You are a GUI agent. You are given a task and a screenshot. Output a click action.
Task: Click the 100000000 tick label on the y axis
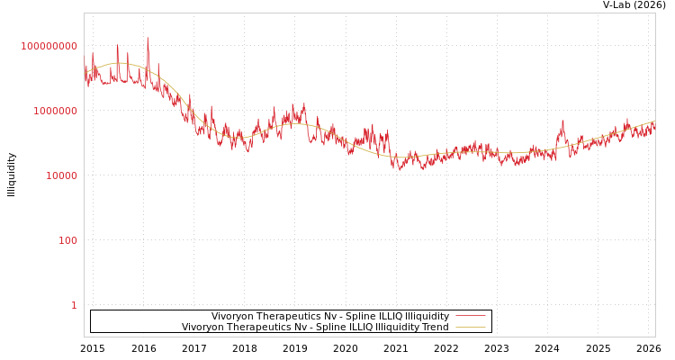tap(49, 46)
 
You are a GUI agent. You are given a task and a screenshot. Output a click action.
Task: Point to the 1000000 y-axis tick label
tap(56, 111)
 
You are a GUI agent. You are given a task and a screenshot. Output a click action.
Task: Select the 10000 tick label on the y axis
tap(62, 175)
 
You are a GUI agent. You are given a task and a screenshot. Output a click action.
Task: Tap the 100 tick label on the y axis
tap(68, 240)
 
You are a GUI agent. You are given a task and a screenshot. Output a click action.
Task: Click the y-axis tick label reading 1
tap(74, 305)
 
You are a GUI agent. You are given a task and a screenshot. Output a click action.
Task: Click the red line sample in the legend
tap(471, 317)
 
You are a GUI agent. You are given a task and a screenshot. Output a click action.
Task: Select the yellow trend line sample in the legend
tap(471, 328)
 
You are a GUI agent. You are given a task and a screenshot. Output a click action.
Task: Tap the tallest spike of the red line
tap(148, 39)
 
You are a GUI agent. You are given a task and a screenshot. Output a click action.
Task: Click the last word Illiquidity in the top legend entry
tap(427, 317)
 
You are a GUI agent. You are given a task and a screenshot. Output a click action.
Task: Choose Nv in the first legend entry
tap(323, 317)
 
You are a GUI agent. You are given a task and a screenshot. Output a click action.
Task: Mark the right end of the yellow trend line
tap(654, 121)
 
